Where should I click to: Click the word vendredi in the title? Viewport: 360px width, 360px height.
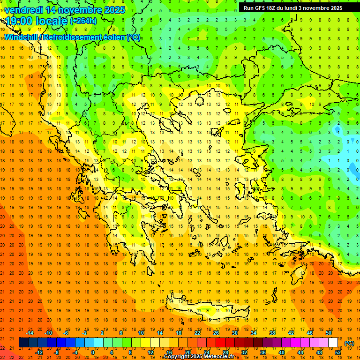[x=24, y=10]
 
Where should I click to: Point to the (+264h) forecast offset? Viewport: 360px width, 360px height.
[x=83, y=21]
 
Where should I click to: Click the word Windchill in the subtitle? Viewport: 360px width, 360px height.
[x=22, y=37]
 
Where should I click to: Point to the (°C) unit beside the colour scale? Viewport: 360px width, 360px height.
[x=349, y=343]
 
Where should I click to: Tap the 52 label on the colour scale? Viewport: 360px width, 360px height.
[x=338, y=352]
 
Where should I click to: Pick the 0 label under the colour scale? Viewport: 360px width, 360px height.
[x=93, y=352]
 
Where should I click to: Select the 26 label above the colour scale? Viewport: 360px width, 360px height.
[x=216, y=333]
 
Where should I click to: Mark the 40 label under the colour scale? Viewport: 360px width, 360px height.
[x=282, y=352]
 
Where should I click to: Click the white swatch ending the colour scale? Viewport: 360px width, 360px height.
[x=333, y=343]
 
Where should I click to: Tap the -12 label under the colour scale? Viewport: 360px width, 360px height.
[x=38, y=352]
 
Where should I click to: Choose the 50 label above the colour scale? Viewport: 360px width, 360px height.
[x=329, y=333]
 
